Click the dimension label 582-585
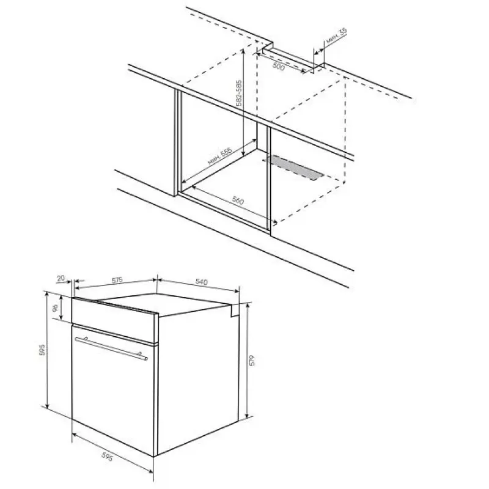239,93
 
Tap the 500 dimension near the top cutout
279,66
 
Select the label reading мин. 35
337,35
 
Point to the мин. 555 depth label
220,156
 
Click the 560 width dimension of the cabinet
238,200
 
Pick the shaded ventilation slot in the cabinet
295,167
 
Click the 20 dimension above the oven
61,278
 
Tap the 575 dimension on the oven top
117,280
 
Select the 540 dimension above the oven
202,282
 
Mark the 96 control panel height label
55,308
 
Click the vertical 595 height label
42,350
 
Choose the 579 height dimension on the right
252,360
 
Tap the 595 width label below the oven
106,457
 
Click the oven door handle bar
111,348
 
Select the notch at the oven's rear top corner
235,311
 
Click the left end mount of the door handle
86,339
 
